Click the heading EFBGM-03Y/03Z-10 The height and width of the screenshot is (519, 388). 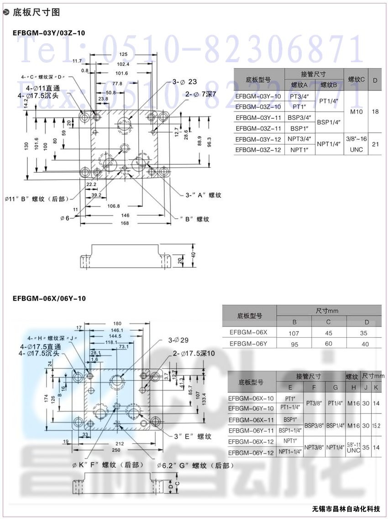pyautogui.click(x=49, y=33)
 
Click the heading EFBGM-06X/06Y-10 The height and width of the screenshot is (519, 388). pyautogui.click(x=49, y=298)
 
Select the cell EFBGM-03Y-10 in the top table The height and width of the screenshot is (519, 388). pyautogui.click(x=258, y=96)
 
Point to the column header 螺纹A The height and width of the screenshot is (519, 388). pyautogui.click(x=299, y=85)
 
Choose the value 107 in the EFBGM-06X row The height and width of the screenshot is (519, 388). pyautogui.click(x=294, y=333)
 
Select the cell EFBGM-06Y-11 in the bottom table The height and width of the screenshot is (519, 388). pyautogui.click(x=252, y=430)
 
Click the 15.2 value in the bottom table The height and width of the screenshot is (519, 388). pyautogui.click(x=376, y=425)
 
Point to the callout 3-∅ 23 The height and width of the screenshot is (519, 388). pyautogui.click(x=184, y=82)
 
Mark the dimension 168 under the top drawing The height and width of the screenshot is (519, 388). pyautogui.click(x=126, y=223)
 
